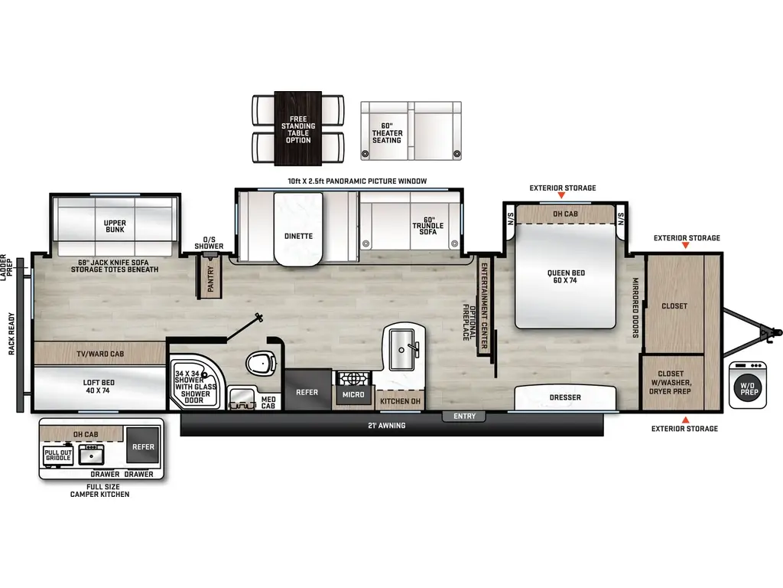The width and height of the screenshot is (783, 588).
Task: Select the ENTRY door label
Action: coord(464,416)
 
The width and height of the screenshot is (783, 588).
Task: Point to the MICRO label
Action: coord(353,394)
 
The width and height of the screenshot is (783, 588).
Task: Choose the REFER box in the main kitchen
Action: coord(307,391)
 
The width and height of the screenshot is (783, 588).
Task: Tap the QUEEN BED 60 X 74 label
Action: coord(566,277)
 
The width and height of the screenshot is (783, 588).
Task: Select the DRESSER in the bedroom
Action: coord(565,397)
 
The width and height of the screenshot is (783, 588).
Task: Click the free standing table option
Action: coord(298,129)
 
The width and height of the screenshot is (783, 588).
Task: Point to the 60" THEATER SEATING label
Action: coord(387,133)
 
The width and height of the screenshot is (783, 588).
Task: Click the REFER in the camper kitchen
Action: coord(143,446)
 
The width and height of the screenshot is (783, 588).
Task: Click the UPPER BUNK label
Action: coord(115,227)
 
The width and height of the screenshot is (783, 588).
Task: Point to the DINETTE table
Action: coord(298,236)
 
